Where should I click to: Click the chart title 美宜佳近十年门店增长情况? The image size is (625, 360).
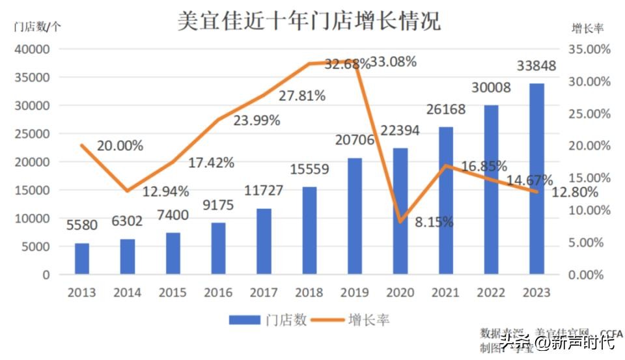point(309,21)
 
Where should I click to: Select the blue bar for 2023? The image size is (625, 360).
point(536,178)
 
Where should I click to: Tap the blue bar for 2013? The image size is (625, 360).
point(82,258)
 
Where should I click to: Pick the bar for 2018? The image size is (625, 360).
point(309,230)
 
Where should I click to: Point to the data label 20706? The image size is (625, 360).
point(354,140)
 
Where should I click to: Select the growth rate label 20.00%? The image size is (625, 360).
point(120,146)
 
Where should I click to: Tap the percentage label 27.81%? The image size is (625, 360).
point(302,96)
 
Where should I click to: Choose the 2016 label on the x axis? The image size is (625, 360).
point(218,292)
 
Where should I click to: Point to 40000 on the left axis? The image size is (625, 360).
point(33,49)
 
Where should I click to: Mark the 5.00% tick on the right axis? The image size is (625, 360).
point(590,242)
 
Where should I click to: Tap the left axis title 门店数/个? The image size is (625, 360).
point(38,27)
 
